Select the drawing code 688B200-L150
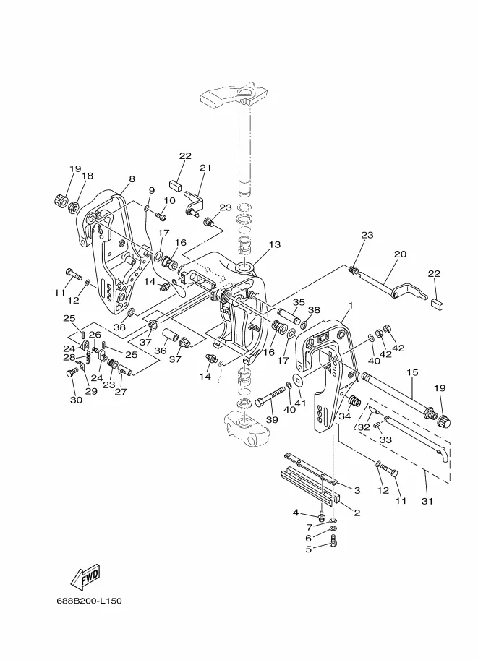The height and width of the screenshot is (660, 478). [89, 601]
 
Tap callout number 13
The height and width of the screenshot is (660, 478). [275, 244]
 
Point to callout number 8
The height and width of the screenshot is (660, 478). [132, 179]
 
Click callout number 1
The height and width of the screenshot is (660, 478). [351, 305]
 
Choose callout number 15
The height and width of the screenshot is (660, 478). [413, 372]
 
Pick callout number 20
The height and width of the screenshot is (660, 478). [400, 254]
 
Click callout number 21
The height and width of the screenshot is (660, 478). [205, 168]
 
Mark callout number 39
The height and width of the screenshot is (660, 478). [273, 419]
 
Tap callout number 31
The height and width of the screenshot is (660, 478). [427, 501]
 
